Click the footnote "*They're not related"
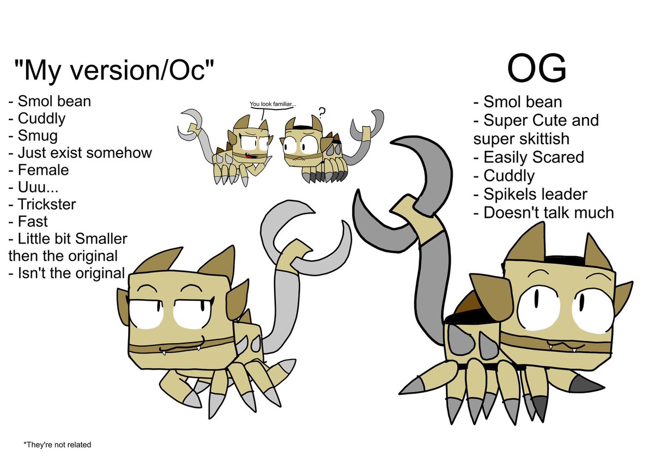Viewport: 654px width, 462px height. [57, 445]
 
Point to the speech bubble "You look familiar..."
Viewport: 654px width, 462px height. [273, 104]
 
